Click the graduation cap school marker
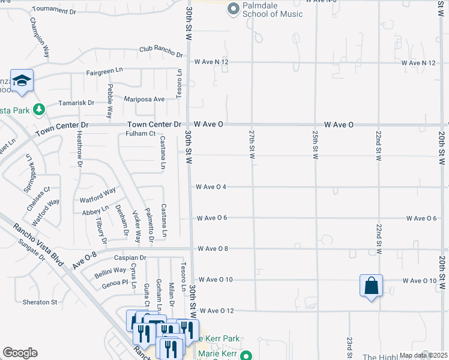tap(22, 81)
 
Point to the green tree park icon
tap(39, 109)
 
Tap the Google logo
tap(20, 353)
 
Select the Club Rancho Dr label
tap(161, 52)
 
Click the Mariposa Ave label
tap(144, 99)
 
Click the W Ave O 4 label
tap(211, 187)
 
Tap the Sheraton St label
tap(40, 302)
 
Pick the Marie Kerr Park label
tap(219, 339)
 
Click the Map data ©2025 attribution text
tap(423, 355)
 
